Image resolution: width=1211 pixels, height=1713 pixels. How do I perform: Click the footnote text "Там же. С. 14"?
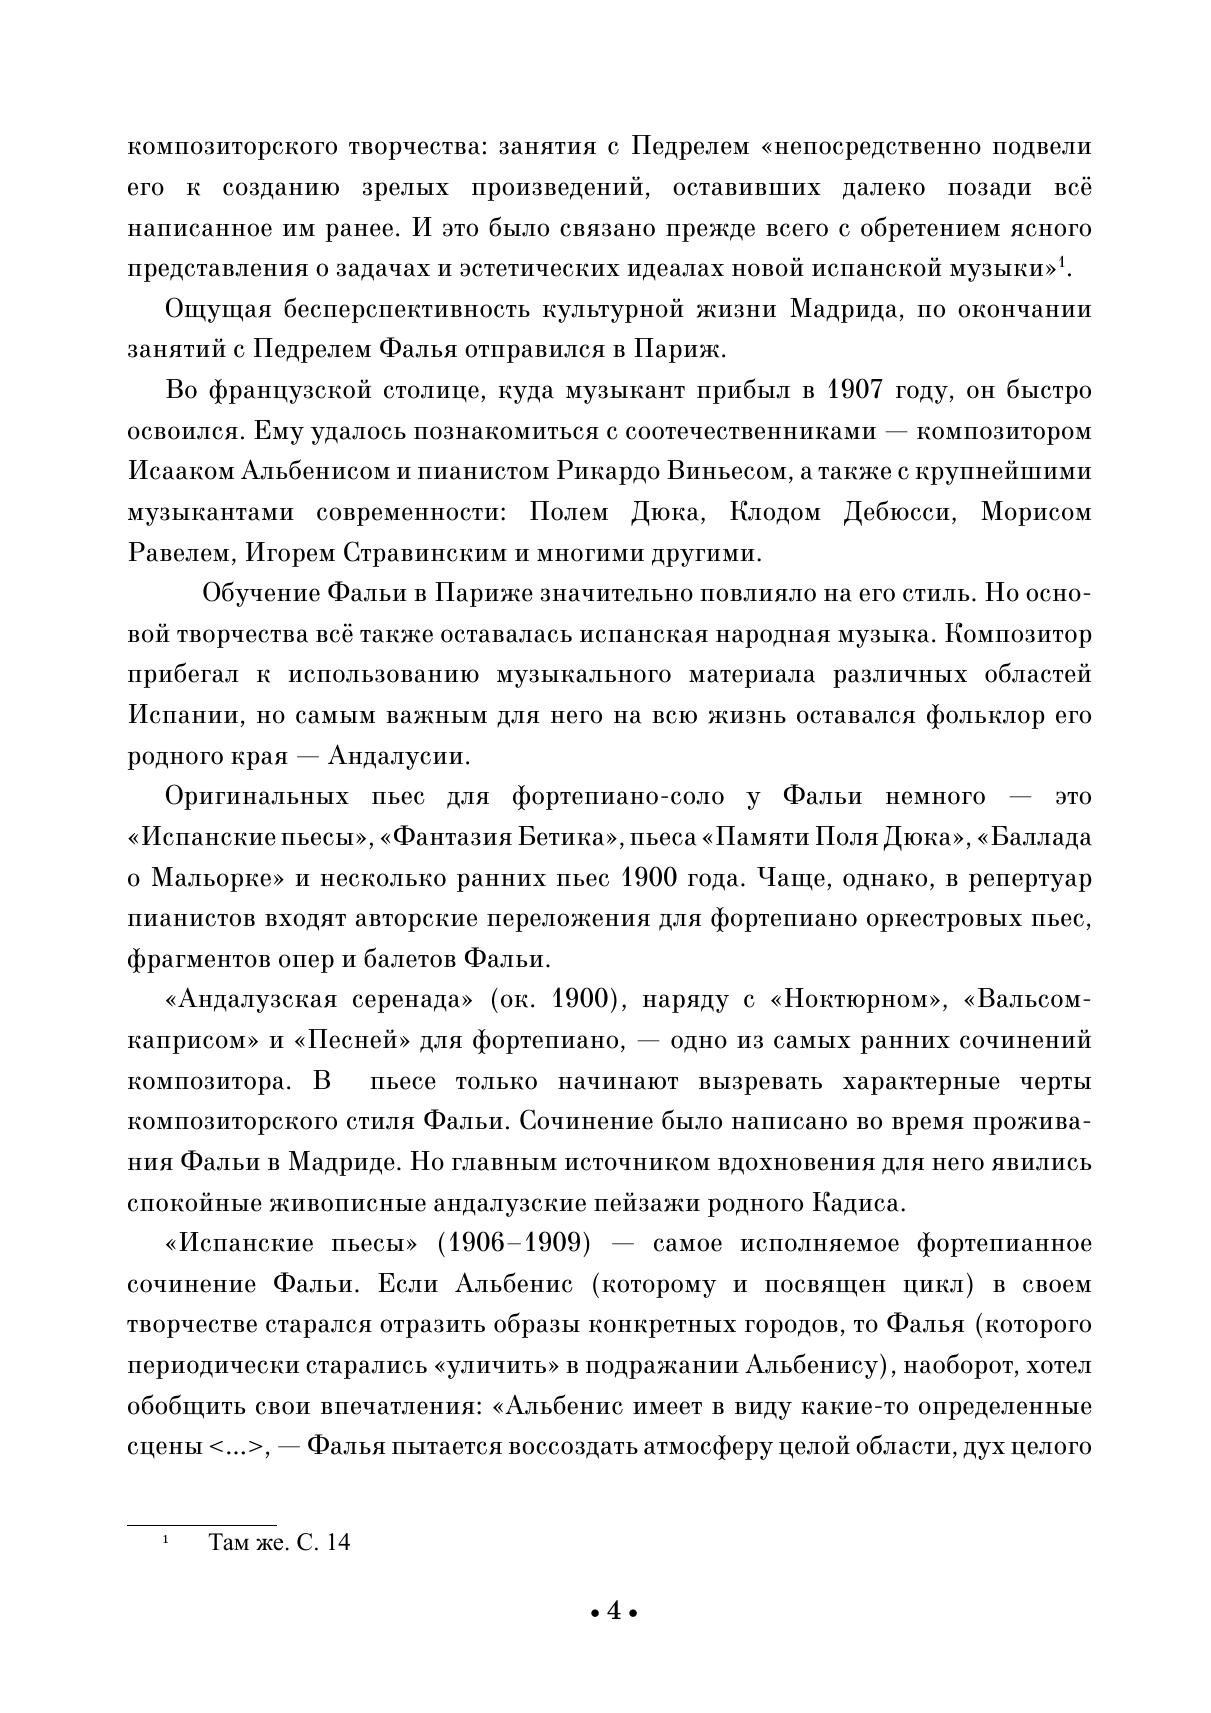click(x=279, y=1542)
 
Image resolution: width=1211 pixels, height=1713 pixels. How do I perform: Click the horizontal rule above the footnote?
click(x=201, y=1525)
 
